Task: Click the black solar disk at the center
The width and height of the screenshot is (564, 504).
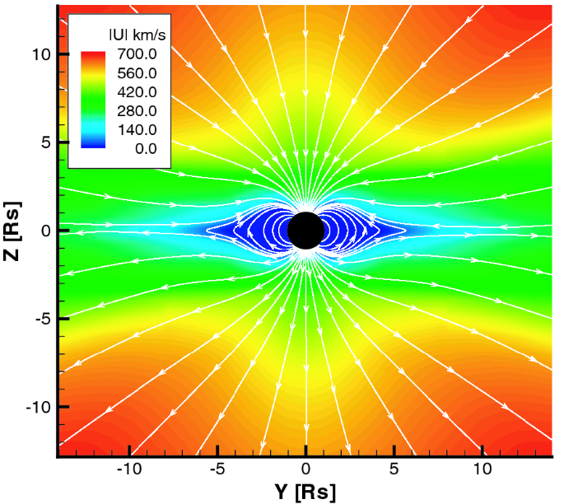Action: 305,230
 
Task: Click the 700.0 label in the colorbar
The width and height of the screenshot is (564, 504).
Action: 137,54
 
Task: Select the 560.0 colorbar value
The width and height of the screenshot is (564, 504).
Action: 137,72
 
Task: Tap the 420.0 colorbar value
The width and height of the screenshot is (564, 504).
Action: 137,91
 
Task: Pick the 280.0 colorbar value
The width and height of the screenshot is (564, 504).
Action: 137,110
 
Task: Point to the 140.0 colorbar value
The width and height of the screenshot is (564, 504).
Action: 137,129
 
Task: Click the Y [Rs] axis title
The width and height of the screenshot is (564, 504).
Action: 305,492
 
